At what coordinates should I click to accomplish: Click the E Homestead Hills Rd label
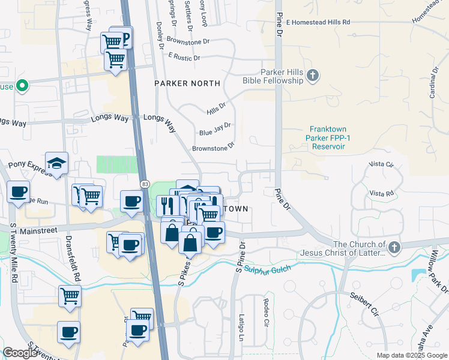click(318, 22)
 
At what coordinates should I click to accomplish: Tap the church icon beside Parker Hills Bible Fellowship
click(312, 76)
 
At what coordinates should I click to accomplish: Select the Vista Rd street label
click(382, 193)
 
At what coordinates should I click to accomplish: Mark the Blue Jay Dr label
click(215, 129)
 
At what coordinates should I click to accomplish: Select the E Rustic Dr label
click(184, 57)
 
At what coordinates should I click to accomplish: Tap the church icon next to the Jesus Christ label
click(394, 247)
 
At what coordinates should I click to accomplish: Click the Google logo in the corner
click(20, 353)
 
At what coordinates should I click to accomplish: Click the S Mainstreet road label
click(35, 230)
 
